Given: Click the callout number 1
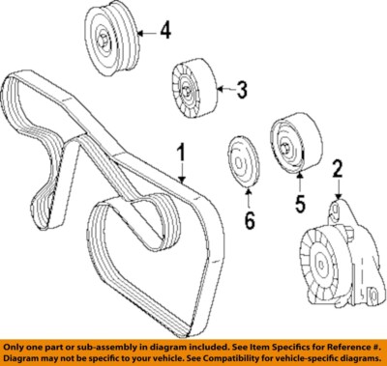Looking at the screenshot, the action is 180,154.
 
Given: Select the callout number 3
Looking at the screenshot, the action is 242,92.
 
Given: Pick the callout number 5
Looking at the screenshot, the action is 300,205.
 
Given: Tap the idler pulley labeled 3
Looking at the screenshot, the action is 187,91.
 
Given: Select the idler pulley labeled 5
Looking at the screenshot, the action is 289,144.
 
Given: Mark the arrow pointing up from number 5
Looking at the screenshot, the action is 299,180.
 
